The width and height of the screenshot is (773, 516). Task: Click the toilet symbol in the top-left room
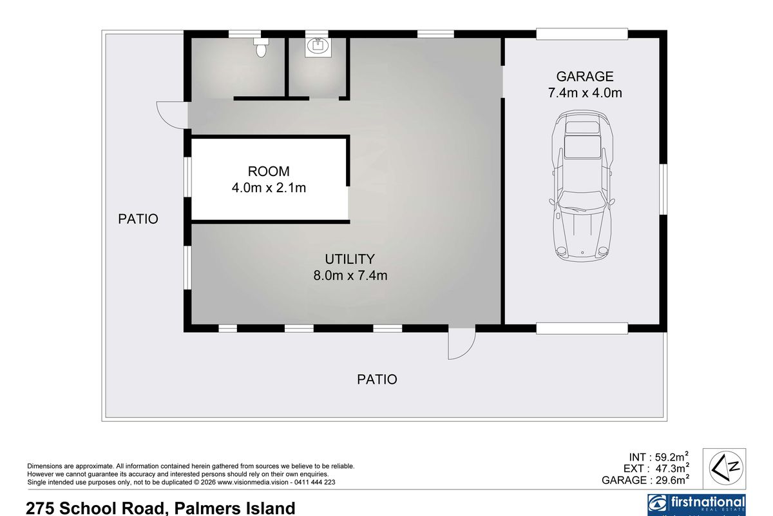(x=261, y=47)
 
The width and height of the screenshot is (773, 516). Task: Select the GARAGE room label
(x=585, y=77)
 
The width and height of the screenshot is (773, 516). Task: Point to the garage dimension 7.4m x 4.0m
(x=585, y=93)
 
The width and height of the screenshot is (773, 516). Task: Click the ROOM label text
(x=269, y=172)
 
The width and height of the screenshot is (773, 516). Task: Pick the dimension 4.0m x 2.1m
(x=269, y=188)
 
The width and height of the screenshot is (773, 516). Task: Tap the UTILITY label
(x=350, y=259)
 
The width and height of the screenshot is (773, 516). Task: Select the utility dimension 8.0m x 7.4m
(x=350, y=276)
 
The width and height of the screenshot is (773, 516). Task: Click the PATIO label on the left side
(x=138, y=219)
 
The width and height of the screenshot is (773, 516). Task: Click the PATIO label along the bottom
(x=377, y=379)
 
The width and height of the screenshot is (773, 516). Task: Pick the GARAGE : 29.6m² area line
(x=645, y=480)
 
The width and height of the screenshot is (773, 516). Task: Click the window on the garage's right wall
(x=663, y=188)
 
